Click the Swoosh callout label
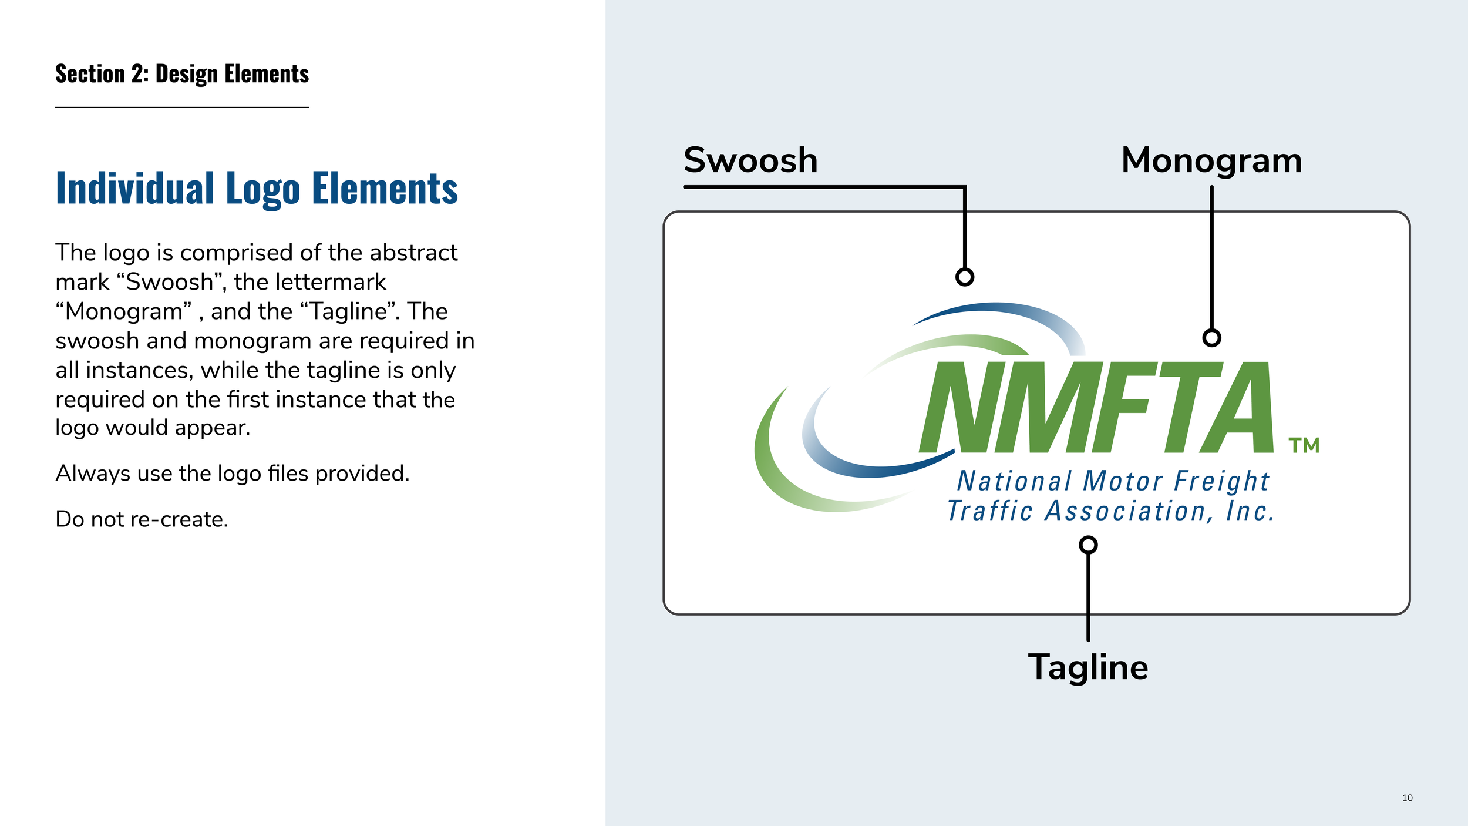pyautogui.click(x=750, y=160)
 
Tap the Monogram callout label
pyautogui.click(x=1211, y=160)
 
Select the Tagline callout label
pyautogui.click(x=1088, y=667)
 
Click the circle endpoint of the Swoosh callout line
pyautogui.click(x=965, y=277)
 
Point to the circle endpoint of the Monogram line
pyautogui.click(x=1211, y=338)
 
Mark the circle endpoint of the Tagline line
pyautogui.click(x=1088, y=545)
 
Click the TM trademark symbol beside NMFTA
pyautogui.click(x=1304, y=446)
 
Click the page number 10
pyautogui.click(x=1407, y=798)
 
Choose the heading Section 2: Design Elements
pyautogui.click(x=182, y=75)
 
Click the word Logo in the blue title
pyautogui.click(x=262, y=189)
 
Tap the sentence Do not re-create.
pyautogui.click(x=142, y=519)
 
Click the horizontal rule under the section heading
pyautogui.click(x=182, y=108)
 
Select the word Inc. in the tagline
pyautogui.click(x=1250, y=511)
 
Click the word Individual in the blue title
pyautogui.click(x=134, y=189)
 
